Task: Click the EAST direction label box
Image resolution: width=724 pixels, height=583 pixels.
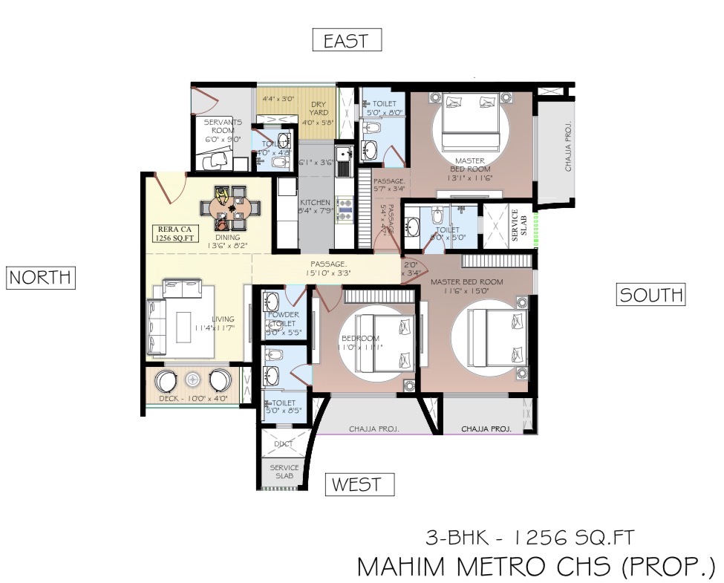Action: (347, 40)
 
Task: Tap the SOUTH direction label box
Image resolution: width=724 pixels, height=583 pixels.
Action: (651, 295)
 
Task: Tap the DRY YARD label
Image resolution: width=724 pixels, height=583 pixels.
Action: (318, 108)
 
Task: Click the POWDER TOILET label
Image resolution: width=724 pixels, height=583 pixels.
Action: (283, 319)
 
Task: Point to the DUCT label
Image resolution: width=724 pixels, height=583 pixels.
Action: (284, 444)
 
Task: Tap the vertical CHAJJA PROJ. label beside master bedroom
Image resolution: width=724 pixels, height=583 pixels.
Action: (568, 153)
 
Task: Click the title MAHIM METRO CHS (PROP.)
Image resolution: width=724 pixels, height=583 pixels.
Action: (535, 566)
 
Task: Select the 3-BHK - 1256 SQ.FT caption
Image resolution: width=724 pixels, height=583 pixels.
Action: (529, 536)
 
